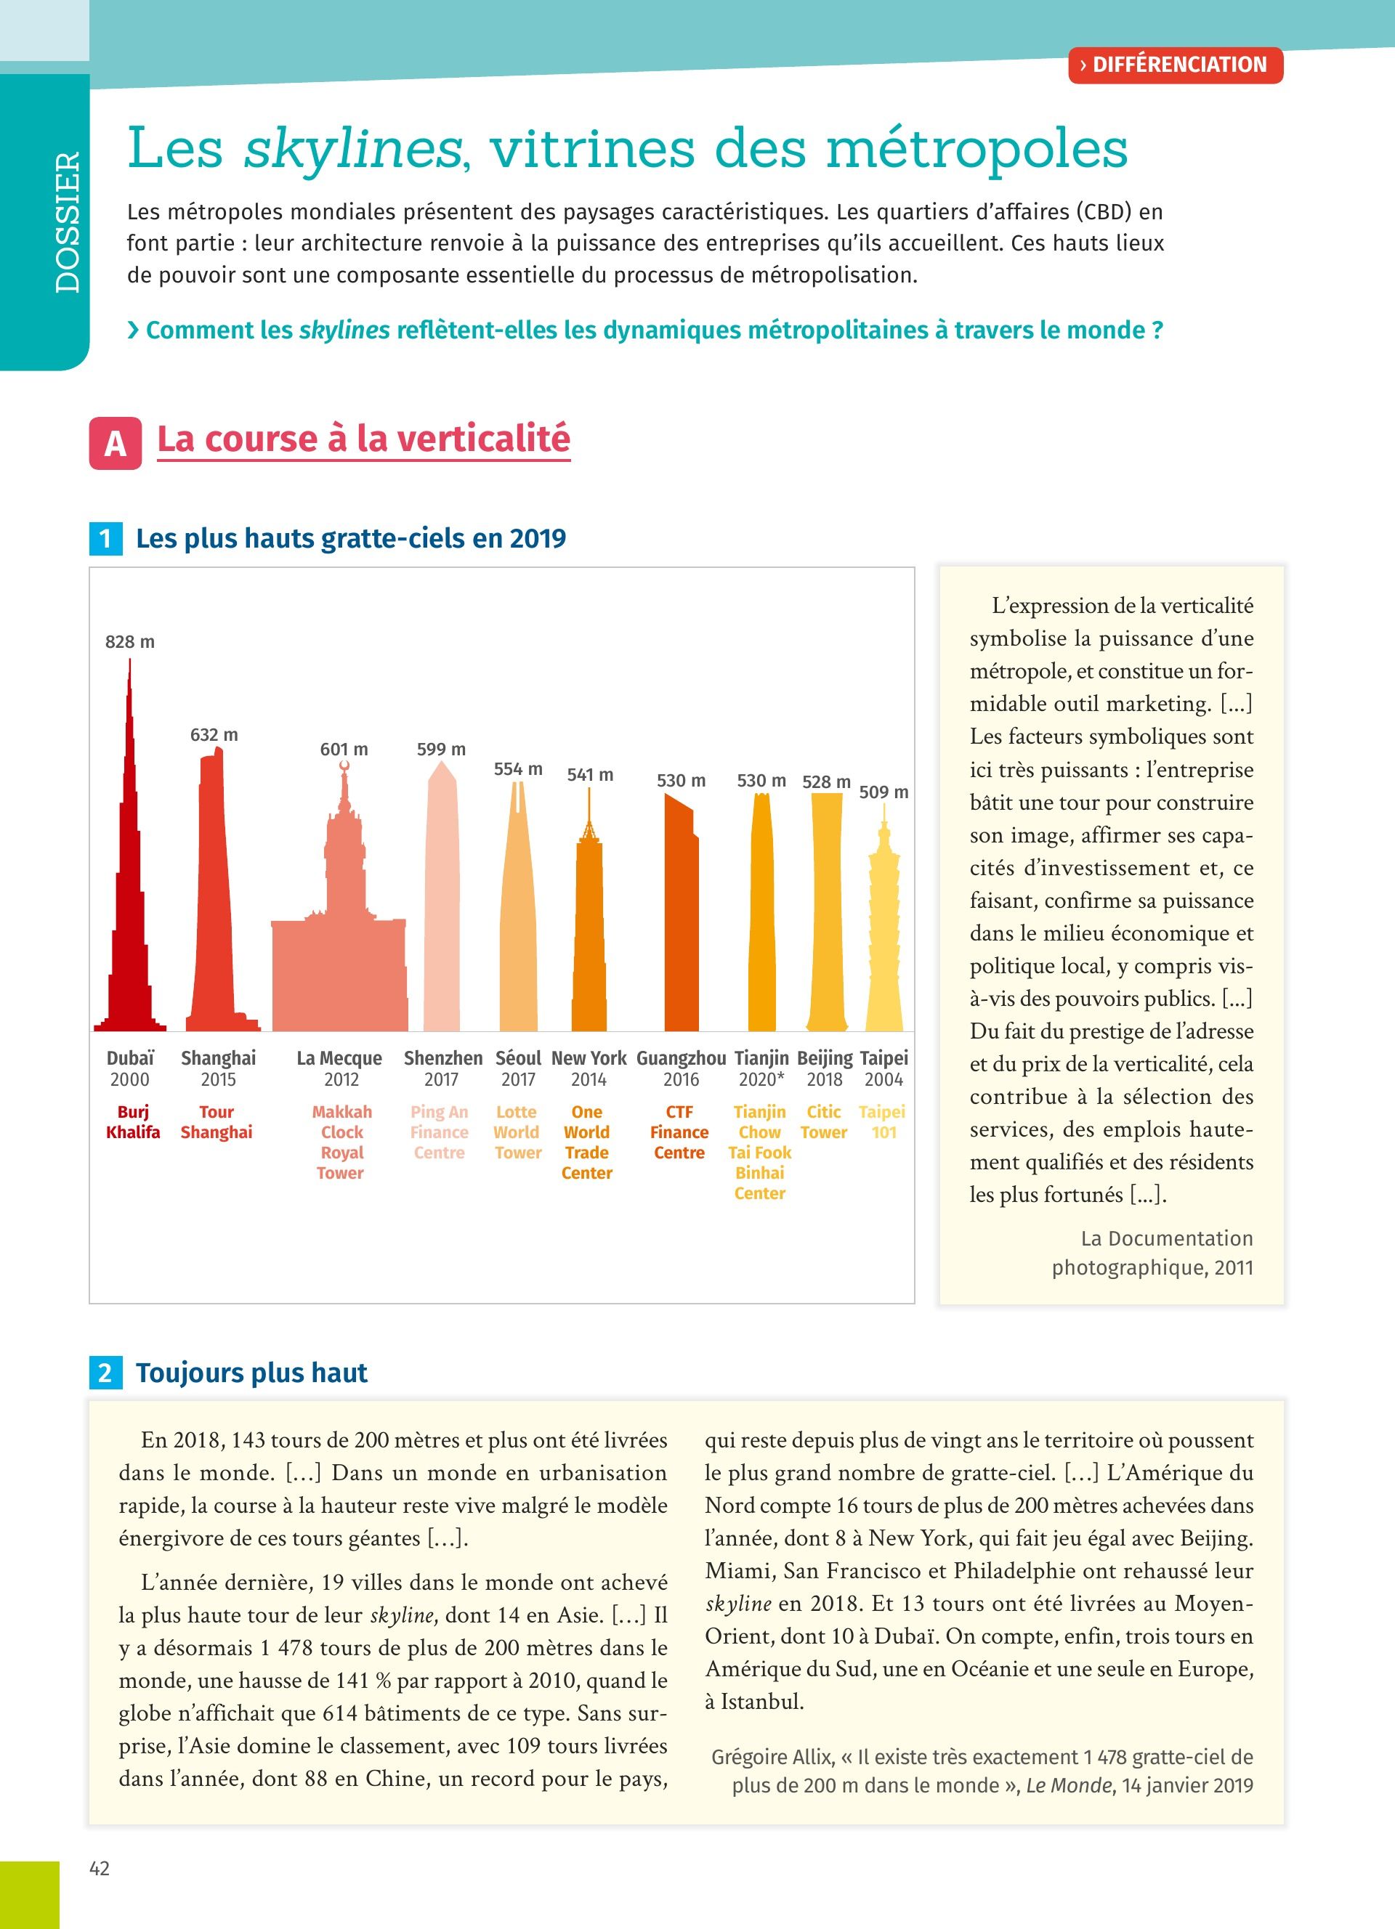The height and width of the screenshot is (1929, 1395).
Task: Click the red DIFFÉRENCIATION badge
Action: (1175, 65)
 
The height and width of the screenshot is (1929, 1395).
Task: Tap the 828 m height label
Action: (130, 642)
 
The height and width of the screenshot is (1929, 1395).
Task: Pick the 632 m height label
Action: (214, 735)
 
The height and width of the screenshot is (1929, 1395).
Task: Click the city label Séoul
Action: (518, 1058)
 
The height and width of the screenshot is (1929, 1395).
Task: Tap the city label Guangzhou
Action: (682, 1058)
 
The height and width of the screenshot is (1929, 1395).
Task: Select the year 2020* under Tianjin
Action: (761, 1080)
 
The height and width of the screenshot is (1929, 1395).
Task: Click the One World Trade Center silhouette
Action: (589, 935)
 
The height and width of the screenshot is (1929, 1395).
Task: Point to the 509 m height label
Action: (883, 792)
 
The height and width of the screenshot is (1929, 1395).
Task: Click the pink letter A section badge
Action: (115, 443)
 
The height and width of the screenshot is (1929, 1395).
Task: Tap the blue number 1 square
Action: (105, 538)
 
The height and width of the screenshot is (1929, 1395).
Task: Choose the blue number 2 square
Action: (105, 1373)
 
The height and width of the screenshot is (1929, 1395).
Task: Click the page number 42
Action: (100, 1869)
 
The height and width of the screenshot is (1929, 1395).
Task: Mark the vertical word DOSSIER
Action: (67, 223)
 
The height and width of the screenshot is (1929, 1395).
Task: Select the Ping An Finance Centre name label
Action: (439, 1132)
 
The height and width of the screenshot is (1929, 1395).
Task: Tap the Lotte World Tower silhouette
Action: (518, 935)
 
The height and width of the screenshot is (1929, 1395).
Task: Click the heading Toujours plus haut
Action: (252, 1373)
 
